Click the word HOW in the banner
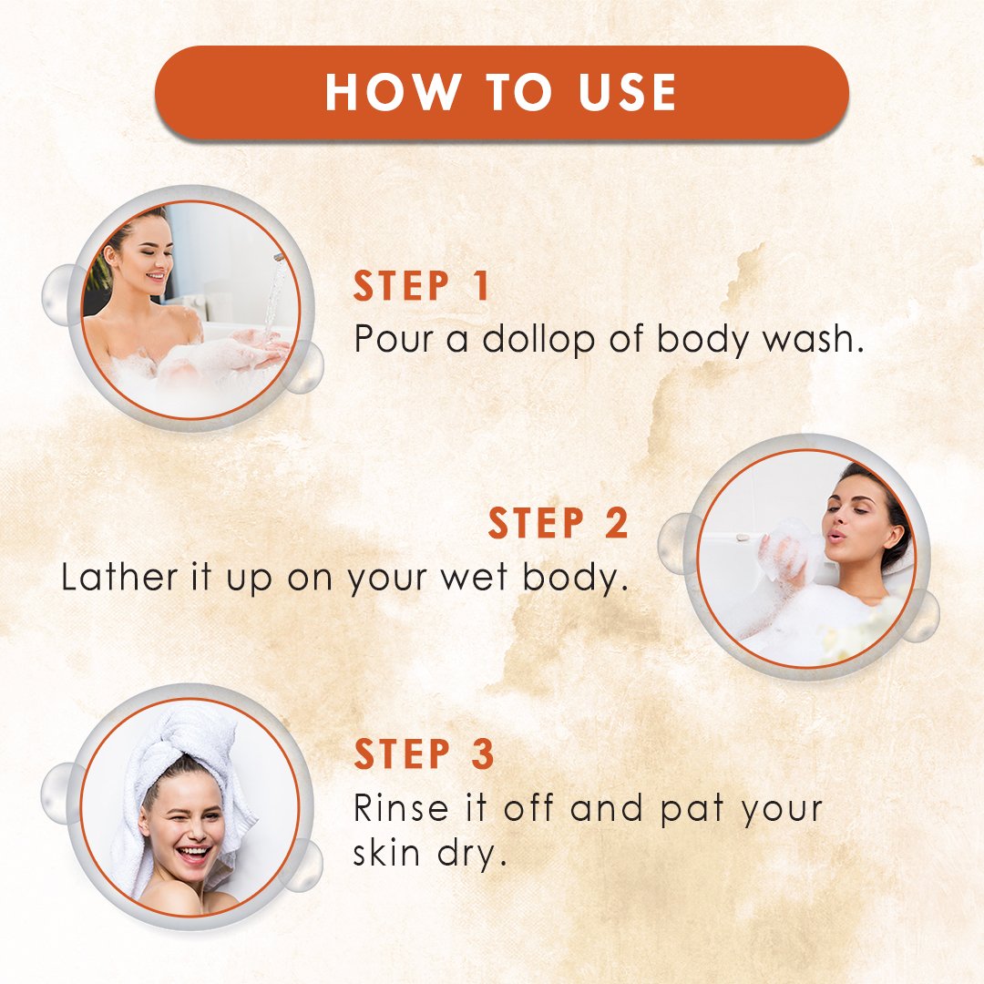(392, 92)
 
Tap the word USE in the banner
(627, 92)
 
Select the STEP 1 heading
(421, 286)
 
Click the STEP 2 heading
(558, 523)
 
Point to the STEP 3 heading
(425, 753)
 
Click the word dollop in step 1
(538, 340)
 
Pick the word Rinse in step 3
(401, 807)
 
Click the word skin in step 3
(386, 853)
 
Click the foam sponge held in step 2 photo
(792, 548)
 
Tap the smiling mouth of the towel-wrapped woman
(192, 854)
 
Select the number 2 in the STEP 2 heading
(616, 523)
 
